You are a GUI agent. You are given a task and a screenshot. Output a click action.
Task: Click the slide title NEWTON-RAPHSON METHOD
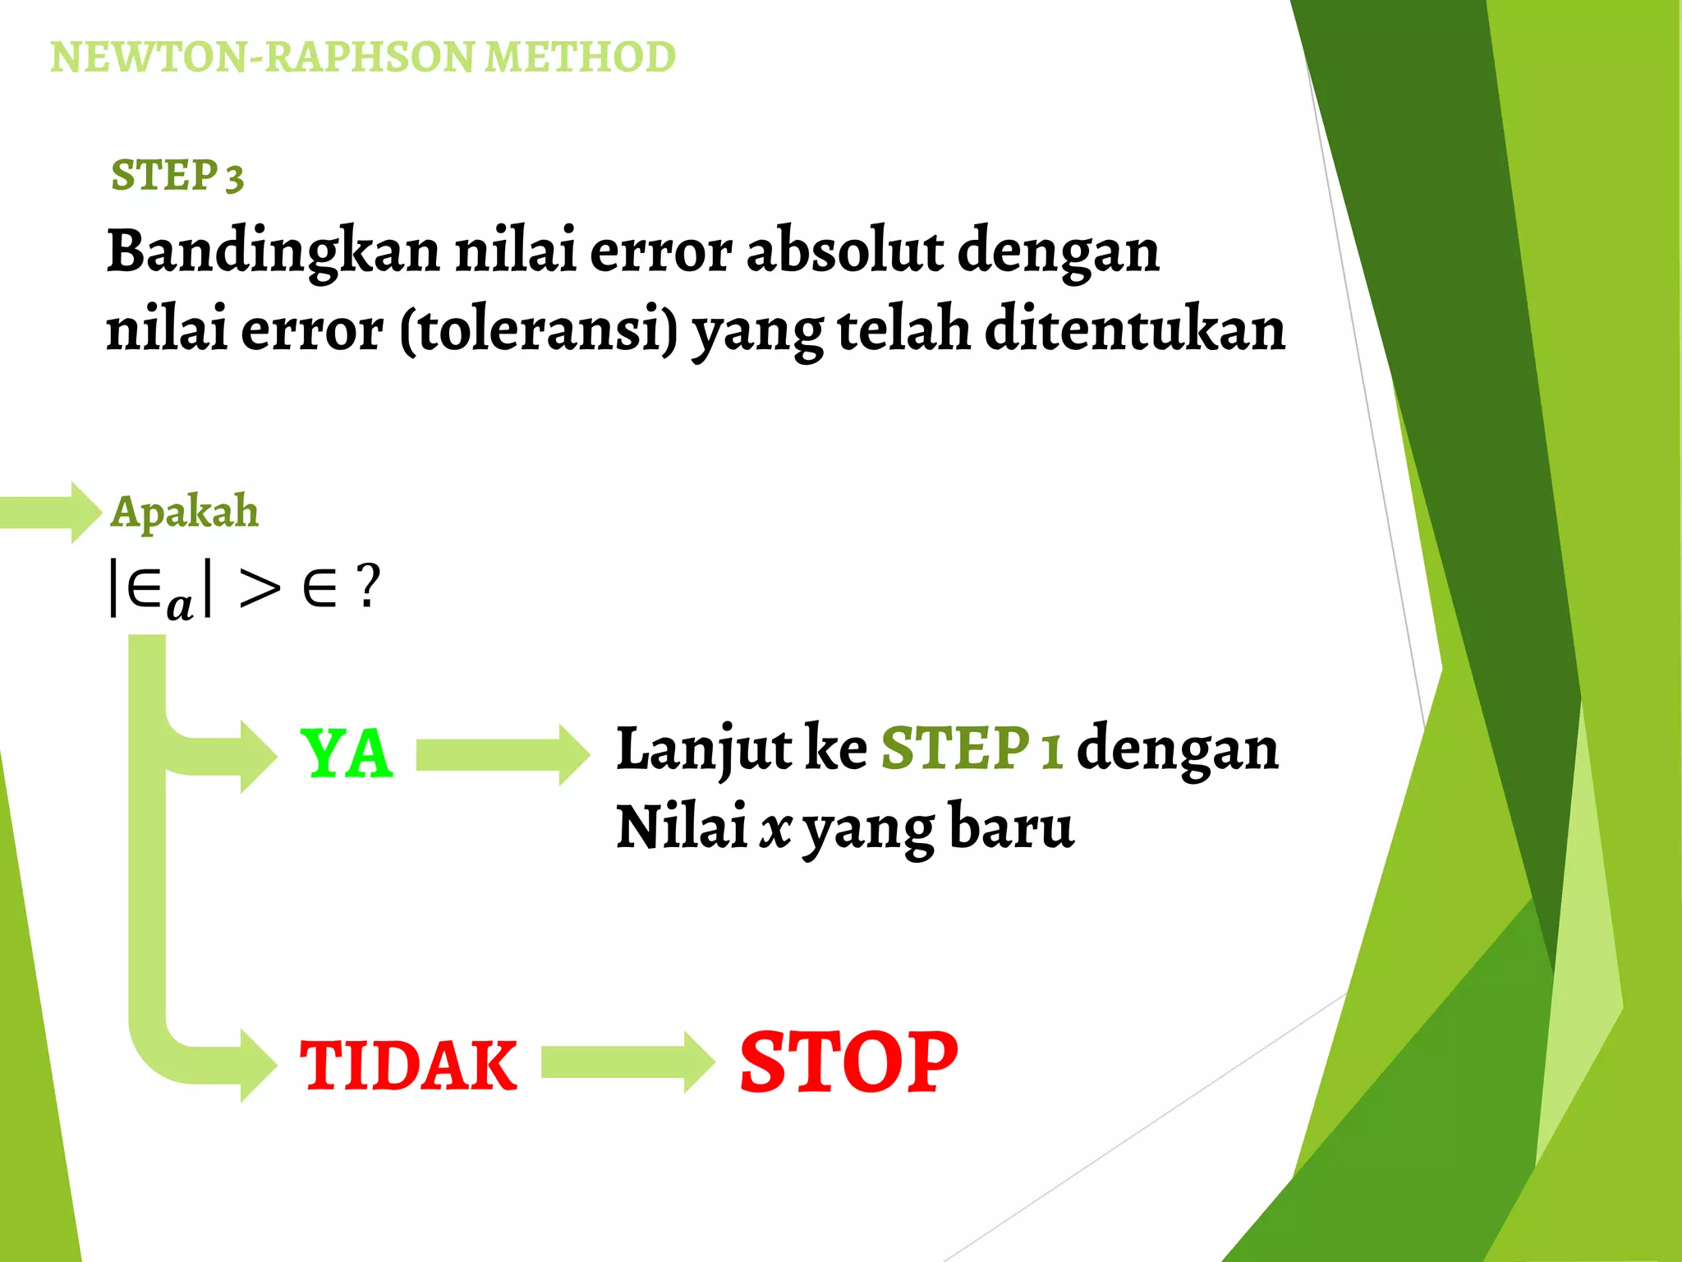point(362,58)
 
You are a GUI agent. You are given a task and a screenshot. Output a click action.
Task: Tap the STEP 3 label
point(177,176)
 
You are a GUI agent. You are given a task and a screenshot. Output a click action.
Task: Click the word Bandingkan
point(273,251)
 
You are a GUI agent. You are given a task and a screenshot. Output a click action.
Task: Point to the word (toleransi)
point(539,329)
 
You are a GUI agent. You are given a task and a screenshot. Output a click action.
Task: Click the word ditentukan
point(1134,329)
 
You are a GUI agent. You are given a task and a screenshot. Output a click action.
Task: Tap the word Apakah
point(185,512)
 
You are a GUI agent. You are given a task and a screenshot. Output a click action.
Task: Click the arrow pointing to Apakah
point(51,512)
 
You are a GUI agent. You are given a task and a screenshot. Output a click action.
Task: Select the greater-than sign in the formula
point(260,588)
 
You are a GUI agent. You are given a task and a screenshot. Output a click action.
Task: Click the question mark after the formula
point(369,587)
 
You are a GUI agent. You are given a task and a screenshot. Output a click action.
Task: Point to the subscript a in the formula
point(179,606)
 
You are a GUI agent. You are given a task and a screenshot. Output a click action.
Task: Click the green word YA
point(347,754)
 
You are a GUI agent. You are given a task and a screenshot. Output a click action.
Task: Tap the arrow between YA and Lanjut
point(502,755)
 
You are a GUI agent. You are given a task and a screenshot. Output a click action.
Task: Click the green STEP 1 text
point(972,748)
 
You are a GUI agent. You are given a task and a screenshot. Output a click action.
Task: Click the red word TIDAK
point(408,1066)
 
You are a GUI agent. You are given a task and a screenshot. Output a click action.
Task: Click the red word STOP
point(848,1062)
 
